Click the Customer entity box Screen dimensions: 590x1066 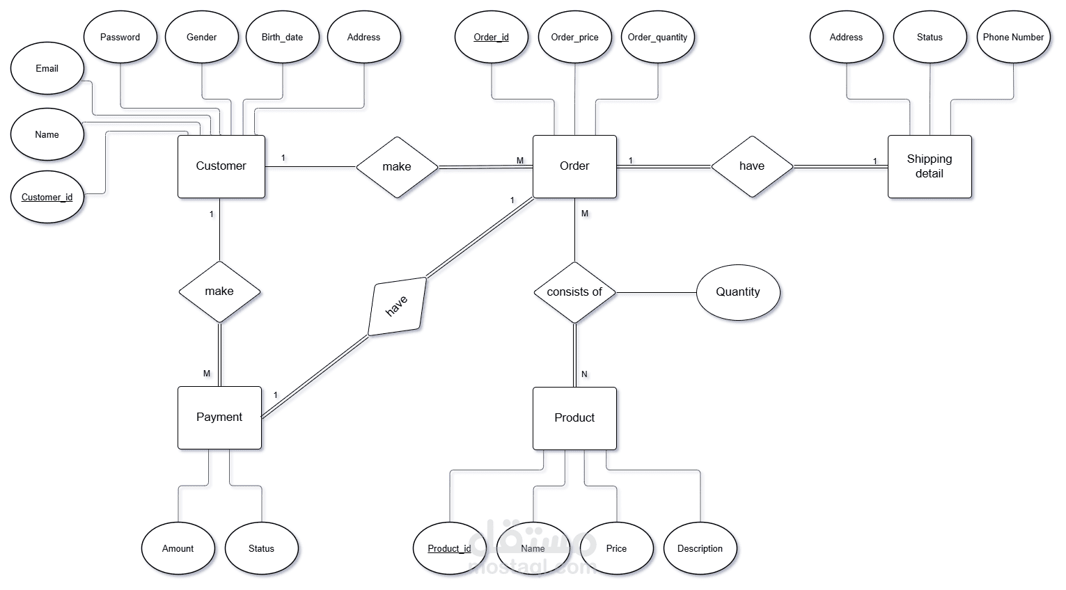coord(221,166)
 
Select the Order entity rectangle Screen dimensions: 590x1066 coord(574,166)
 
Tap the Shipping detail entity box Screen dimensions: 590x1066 coord(929,166)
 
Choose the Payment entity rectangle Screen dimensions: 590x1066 coord(219,417)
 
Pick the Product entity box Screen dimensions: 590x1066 coord(574,417)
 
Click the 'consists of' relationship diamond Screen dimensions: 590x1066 coord(574,292)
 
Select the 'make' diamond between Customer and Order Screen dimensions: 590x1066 coord(397,167)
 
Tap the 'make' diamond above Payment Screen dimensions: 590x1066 coord(219,292)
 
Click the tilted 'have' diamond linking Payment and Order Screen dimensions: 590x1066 coord(396,306)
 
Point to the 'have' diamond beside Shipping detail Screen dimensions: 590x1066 coord(752,166)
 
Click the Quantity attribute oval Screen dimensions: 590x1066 coord(738,292)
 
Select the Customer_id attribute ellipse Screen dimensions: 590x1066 coord(47,197)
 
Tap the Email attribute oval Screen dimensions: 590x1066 coord(47,68)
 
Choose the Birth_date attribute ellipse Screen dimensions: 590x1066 coord(282,37)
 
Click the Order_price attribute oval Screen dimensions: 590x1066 coord(574,37)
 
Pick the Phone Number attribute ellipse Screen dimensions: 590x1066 coord(1013,37)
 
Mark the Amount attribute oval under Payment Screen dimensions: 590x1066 coord(178,548)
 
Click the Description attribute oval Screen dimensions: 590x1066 coord(700,548)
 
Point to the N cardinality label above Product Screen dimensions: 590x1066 coord(584,374)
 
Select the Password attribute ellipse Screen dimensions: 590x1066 coord(120,37)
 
